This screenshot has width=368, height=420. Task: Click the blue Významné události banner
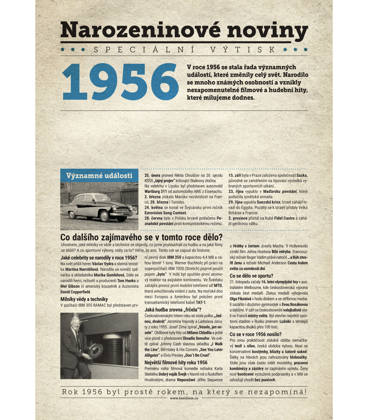[99, 176]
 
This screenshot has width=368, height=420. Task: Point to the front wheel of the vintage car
[105, 216]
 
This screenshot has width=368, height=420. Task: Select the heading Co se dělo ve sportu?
[251, 276]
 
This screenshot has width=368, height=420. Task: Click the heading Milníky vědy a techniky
[84, 299]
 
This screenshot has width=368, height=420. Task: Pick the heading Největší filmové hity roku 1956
[176, 362]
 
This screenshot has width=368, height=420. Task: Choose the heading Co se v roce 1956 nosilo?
[255, 334]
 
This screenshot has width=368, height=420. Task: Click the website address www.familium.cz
[184, 398]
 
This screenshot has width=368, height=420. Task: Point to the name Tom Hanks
[126, 281]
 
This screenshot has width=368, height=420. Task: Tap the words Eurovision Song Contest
[165, 213]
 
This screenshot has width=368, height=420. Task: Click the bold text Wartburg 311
[155, 191]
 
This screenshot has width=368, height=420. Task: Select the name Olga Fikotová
[240, 299]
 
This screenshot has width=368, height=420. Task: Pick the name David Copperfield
[75, 292]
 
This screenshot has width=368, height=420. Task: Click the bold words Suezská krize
[268, 202]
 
